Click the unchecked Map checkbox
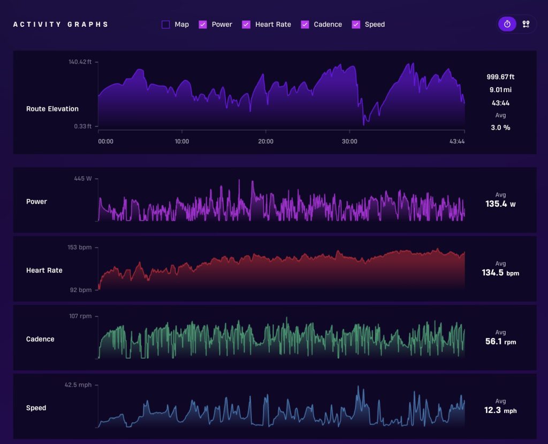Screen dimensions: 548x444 [166, 25]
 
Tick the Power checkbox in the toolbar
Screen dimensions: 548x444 [203, 25]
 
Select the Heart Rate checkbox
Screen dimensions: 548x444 [246, 25]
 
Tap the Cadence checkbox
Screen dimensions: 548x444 [305, 25]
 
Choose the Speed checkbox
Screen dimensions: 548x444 [356, 25]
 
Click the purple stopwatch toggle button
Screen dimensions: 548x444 [507, 24]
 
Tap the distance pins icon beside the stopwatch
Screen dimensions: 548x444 [526, 24]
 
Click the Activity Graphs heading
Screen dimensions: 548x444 [60, 25]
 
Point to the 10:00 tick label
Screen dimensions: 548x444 [182, 141]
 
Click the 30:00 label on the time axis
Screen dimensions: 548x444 [349, 141]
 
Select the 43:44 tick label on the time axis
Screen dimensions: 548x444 [457, 141]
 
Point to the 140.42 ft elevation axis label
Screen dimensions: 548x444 [80, 62]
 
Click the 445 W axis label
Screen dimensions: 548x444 [83, 178]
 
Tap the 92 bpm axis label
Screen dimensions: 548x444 [81, 290]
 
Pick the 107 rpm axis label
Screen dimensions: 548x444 [80, 316]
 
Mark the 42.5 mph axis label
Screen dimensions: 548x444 [78, 385]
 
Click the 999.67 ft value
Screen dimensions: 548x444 [500, 77]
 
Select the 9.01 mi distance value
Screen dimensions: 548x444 [500, 90]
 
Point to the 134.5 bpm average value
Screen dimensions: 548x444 [500, 273]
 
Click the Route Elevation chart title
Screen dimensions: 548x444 [52, 109]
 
